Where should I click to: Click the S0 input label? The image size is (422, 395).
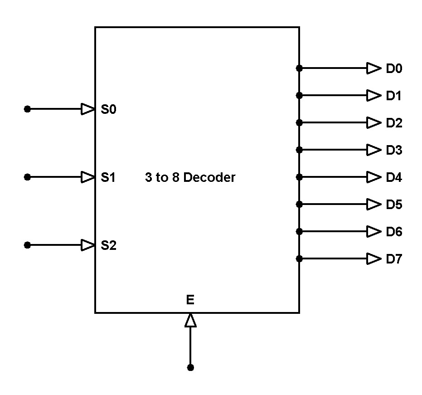(108, 109)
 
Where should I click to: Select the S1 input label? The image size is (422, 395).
(108, 177)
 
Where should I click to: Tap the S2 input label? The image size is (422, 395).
(108, 245)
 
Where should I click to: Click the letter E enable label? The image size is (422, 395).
(190, 300)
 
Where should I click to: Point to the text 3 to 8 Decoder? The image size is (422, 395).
(190, 177)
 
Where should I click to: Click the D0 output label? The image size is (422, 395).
(394, 69)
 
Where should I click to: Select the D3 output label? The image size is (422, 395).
(394, 150)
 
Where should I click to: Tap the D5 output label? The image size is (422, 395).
(394, 205)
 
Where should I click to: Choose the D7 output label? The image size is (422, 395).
(394, 259)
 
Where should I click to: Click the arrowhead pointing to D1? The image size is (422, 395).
(374, 95)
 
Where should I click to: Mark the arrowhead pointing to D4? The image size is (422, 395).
(374, 177)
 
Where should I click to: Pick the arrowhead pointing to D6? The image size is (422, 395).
(374, 231)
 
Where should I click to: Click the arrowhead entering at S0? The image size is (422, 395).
(87, 109)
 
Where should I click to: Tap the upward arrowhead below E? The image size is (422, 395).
(190, 321)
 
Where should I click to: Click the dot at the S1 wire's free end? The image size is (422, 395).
(27, 177)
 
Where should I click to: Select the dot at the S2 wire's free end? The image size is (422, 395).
(27, 245)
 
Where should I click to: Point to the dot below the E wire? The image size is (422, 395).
(190, 367)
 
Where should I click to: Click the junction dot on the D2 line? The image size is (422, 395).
(299, 122)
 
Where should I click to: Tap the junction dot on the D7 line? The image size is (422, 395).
(299, 258)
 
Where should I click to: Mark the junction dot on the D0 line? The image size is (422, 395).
(299, 68)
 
